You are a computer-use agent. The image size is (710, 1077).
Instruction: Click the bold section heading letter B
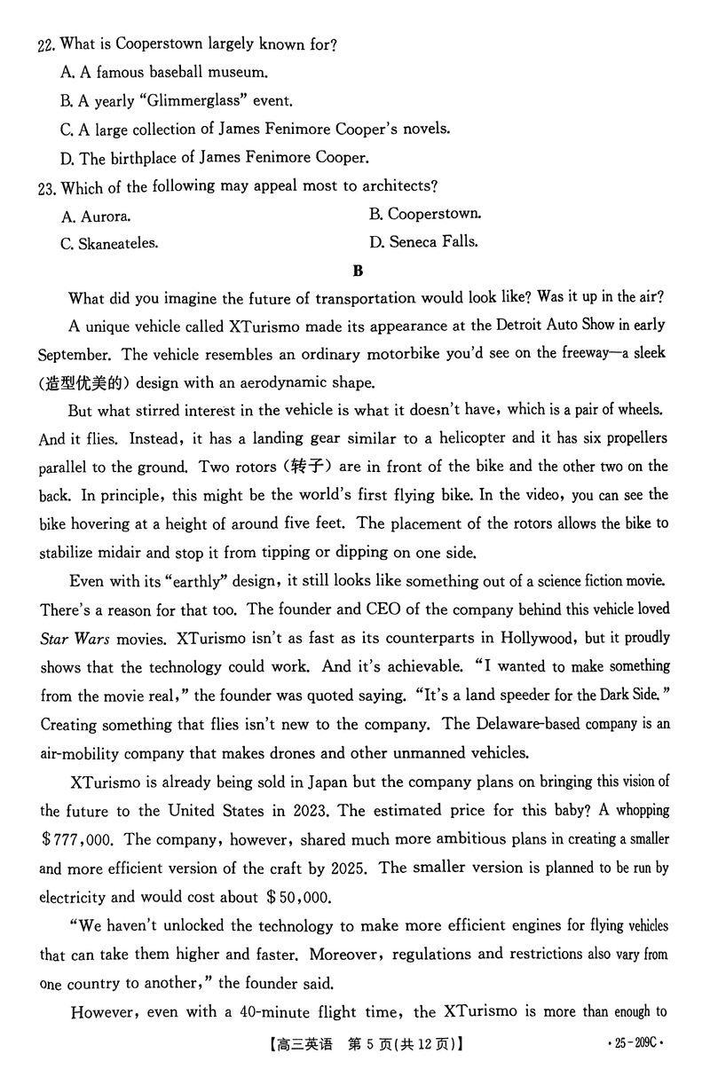pos(357,270)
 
